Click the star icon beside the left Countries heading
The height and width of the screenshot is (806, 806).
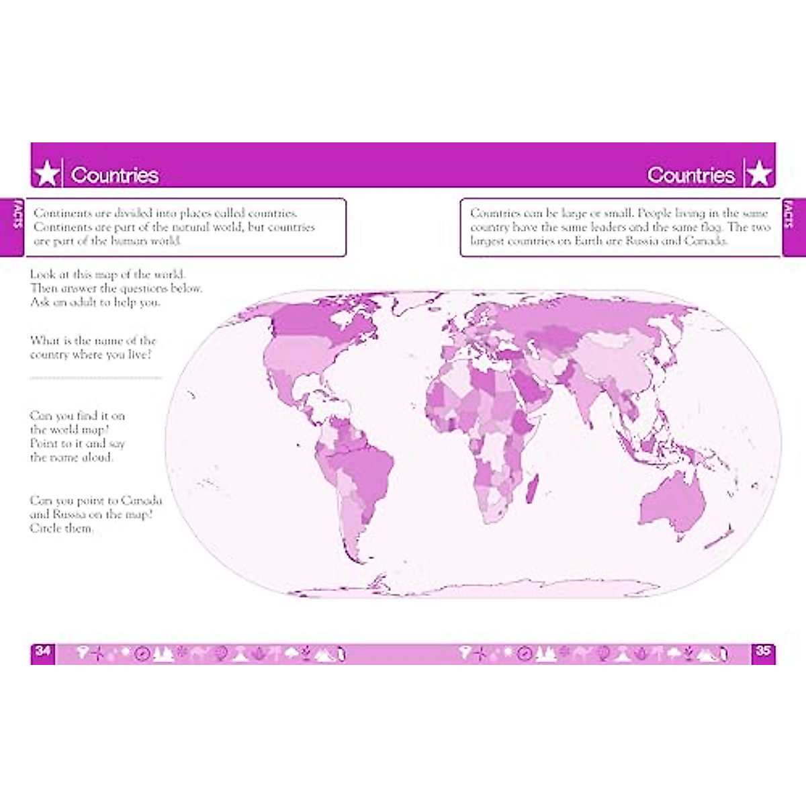46,174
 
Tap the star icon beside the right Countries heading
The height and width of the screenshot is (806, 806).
759,174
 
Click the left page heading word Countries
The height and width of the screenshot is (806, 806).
115,175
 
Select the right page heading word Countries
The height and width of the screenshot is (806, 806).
690,175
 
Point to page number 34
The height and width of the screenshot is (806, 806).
43,651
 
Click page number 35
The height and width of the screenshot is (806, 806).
763,651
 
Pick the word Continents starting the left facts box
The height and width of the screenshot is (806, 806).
63,213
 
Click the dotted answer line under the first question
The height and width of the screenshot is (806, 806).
95,378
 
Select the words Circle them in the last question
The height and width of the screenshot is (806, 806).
61,528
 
